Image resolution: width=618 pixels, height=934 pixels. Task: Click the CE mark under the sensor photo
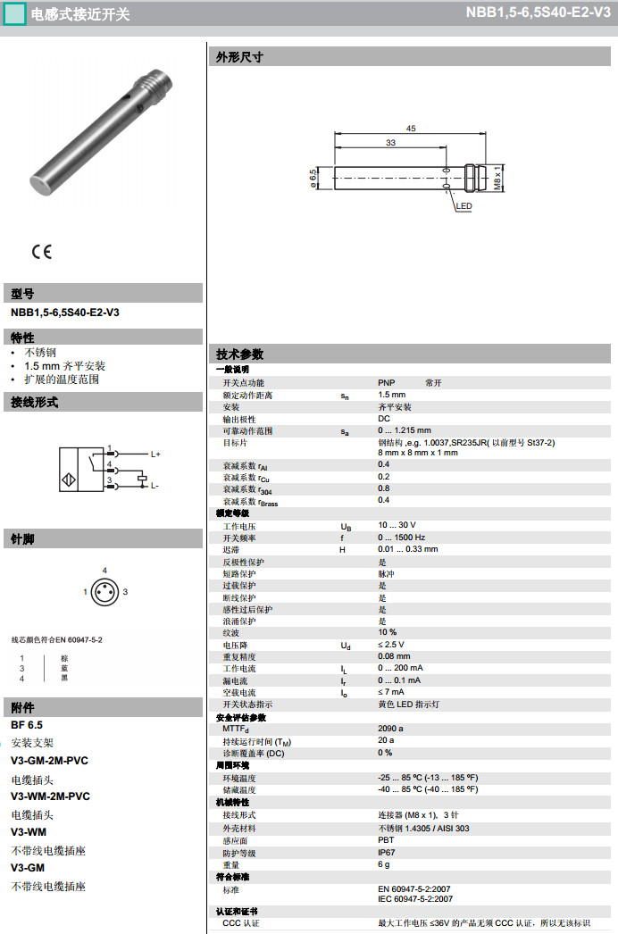click(x=41, y=252)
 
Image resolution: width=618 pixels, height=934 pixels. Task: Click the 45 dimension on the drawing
click(x=411, y=129)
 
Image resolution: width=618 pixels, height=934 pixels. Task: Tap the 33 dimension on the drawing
click(x=390, y=143)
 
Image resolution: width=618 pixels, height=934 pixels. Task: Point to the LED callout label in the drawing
click(x=463, y=206)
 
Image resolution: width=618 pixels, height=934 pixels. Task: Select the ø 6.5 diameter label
click(x=313, y=177)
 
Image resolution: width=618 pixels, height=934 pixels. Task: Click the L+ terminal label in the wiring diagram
click(x=155, y=454)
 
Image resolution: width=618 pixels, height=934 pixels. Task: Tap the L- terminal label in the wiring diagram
click(x=154, y=486)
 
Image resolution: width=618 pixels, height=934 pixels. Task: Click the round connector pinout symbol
click(x=105, y=591)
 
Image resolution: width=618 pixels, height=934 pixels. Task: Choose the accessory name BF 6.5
click(x=27, y=725)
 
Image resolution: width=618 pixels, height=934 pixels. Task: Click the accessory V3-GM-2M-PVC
click(x=50, y=761)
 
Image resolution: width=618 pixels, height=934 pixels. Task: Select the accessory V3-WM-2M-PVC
click(x=50, y=796)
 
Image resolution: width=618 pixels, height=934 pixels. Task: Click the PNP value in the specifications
click(x=387, y=382)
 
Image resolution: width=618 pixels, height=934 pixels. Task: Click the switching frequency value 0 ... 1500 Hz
click(x=401, y=538)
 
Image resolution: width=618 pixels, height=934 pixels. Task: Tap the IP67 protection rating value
click(x=387, y=852)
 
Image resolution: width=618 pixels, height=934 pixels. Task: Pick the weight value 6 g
click(x=384, y=864)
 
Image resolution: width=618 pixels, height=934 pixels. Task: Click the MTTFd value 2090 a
click(x=390, y=728)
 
